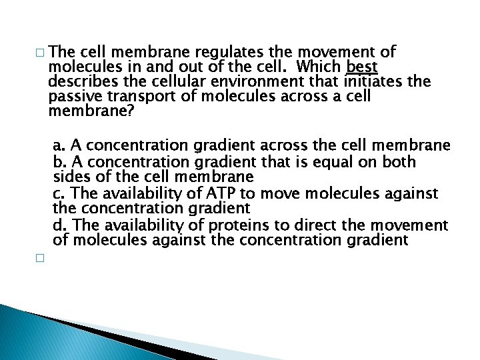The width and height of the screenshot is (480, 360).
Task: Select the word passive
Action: click(71, 97)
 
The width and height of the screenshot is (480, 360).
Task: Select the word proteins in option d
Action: click(252, 224)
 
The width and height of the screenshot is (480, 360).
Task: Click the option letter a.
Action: click(59, 146)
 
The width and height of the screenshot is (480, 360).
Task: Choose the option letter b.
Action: click(59, 161)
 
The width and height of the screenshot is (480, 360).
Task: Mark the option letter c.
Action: click(58, 193)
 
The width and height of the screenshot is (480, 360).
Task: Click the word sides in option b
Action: click(69, 177)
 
